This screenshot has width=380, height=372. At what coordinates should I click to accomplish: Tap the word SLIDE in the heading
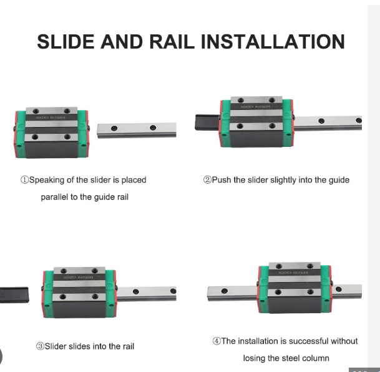[x=65, y=42]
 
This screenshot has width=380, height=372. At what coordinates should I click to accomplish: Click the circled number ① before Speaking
[x=24, y=180]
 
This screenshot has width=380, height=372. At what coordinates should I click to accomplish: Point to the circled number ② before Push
[x=207, y=180]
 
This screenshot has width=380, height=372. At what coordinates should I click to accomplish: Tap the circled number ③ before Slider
[x=39, y=346]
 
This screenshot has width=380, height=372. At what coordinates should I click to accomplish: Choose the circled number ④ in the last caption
[x=217, y=341]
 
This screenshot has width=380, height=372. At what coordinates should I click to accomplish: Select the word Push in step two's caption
[x=222, y=180]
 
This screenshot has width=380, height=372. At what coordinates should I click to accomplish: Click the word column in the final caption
[x=315, y=358]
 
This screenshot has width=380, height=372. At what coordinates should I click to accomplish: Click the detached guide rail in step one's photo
[x=137, y=129]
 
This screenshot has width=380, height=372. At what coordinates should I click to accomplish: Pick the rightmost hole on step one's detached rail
[x=152, y=128]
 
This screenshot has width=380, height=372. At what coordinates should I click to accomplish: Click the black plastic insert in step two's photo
[x=205, y=122]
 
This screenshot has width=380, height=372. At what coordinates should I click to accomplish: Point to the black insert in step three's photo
[x=14, y=293]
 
